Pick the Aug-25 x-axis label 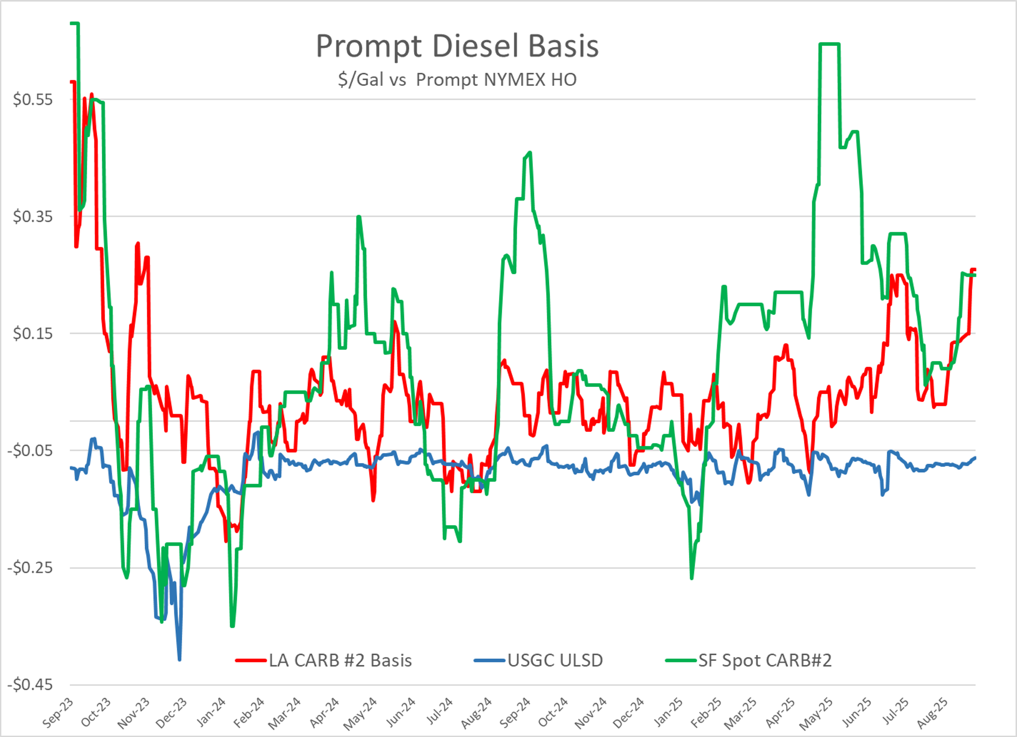pyautogui.click(x=933, y=712)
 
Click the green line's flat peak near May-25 pyautogui.click(x=829, y=44)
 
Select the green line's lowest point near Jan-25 pyautogui.click(x=692, y=578)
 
